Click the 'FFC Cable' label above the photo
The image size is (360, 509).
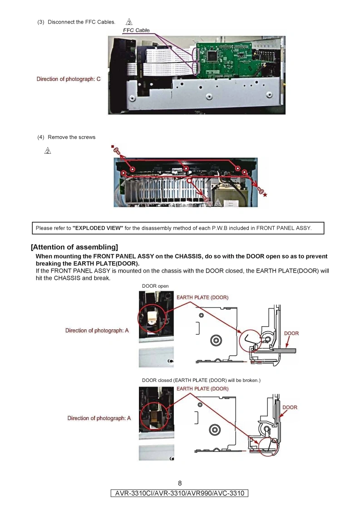(x=136, y=30)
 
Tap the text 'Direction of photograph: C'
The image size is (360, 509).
(x=69, y=79)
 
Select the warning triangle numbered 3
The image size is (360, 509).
(x=129, y=22)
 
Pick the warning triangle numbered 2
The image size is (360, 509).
(x=47, y=151)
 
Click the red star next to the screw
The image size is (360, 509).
(x=265, y=195)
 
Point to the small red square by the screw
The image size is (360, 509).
(x=112, y=146)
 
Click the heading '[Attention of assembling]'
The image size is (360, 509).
(x=74, y=247)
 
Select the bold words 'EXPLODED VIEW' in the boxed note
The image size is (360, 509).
(x=98, y=228)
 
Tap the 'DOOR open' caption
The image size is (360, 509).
(x=155, y=286)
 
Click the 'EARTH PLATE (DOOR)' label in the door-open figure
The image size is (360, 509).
(x=202, y=298)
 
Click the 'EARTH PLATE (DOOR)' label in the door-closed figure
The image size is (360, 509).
(x=202, y=389)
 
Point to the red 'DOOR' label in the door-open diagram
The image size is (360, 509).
(x=291, y=333)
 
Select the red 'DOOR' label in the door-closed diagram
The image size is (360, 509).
(x=290, y=407)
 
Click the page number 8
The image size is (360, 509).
(x=180, y=483)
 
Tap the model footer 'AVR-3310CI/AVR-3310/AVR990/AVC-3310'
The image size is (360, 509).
(x=180, y=493)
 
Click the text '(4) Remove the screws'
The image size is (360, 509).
(x=66, y=137)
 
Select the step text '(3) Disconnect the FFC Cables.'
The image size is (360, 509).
(x=76, y=22)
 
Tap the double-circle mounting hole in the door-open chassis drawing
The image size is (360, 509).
(x=216, y=340)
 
